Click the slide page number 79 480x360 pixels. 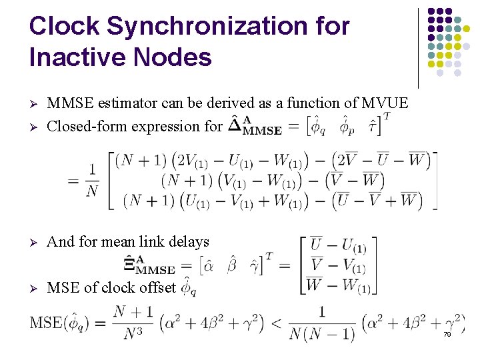point(447,335)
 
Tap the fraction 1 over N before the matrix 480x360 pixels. point(92,181)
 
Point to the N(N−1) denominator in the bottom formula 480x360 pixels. point(321,333)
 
